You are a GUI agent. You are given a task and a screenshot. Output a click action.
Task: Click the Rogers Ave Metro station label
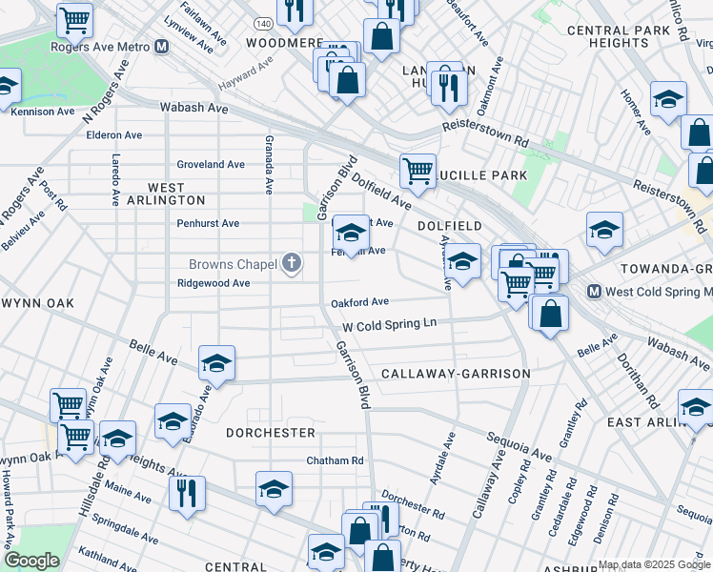tap(100, 46)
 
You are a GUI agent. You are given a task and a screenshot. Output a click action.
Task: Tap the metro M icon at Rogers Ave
tap(161, 46)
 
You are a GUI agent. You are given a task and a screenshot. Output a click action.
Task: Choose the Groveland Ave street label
tap(211, 164)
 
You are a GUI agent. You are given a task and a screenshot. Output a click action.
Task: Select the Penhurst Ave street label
tap(208, 223)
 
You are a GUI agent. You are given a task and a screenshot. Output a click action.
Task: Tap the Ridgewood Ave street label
tap(214, 283)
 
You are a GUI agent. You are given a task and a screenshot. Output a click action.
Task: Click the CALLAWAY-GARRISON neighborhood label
tap(455, 374)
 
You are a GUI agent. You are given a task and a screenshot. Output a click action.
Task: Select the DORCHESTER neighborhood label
tap(271, 432)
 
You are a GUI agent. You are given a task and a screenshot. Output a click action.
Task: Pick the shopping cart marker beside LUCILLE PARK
tap(418, 172)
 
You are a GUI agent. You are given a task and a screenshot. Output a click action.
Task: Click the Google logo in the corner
tap(31, 561)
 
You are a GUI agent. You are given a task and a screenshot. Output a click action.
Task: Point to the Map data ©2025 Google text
tap(653, 564)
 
